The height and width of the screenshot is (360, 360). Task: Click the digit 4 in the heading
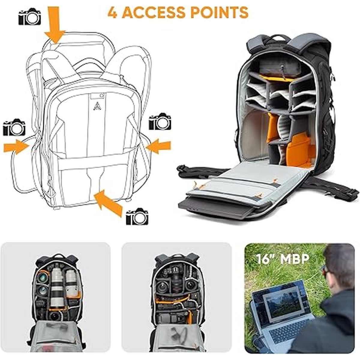(x=113, y=12)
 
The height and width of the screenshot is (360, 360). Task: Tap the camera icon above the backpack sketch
(x=29, y=17)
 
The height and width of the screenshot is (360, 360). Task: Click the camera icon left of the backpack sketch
(x=14, y=127)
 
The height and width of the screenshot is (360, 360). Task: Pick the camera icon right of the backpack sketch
(x=160, y=122)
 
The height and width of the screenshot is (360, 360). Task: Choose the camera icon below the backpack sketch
(x=137, y=217)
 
